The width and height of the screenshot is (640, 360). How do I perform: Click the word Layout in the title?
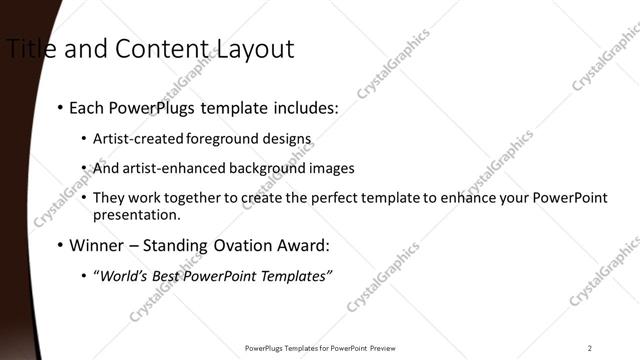252,48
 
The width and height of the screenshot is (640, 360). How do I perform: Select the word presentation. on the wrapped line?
137,214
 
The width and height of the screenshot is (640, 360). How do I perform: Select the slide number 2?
589,348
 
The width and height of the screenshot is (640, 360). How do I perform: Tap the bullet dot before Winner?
61,246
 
